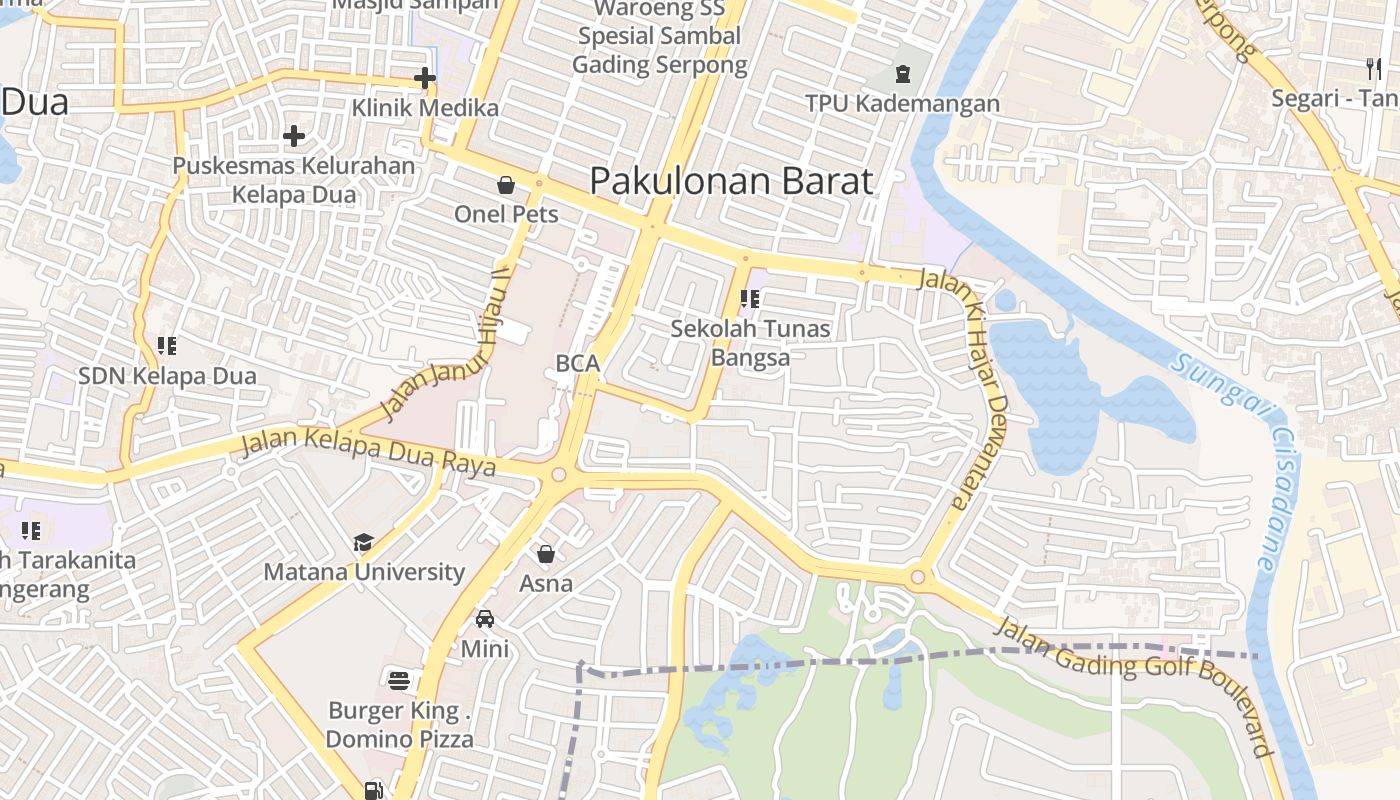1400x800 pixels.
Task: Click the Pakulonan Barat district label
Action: [x=731, y=181]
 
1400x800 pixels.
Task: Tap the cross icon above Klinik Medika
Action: [x=425, y=77]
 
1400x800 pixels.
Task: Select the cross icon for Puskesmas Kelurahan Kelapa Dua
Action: [x=294, y=135]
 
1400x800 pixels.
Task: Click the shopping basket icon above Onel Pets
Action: [x=506, y=185]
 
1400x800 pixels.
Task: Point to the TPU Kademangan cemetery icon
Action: [x=903, y=73]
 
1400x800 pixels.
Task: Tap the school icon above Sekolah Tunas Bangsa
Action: [x=750, y=298]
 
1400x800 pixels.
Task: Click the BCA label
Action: [x=578, y=364]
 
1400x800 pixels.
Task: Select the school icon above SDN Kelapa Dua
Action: [x=167, y=346]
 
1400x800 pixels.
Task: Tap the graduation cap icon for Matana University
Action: [x=363, y=542]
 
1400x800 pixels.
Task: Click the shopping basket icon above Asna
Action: [x=546, y=553]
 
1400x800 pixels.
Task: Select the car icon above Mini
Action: [x=485, y=619]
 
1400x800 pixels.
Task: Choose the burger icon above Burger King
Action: [x=399, y=681]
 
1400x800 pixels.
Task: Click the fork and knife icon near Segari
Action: [x=1373, y=68]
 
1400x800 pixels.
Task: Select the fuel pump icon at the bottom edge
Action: [x=373, y=790]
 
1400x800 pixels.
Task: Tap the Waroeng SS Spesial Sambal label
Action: [x=660, y=37]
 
